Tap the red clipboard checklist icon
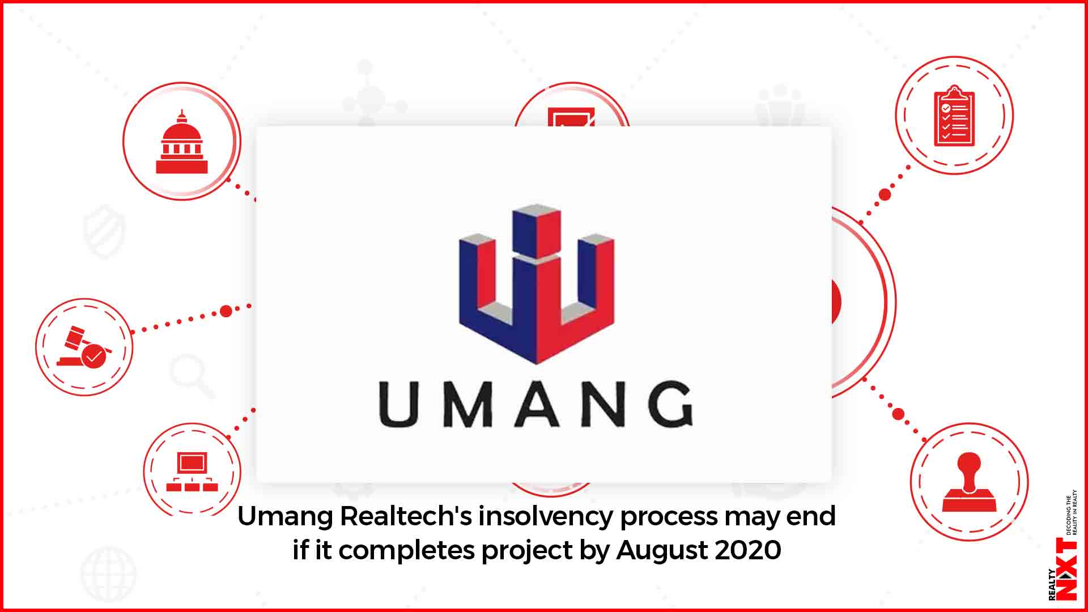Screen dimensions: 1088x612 pyautogui.click(x=954, y=116)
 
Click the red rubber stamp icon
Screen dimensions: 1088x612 pyautogui.click(x=969, y=482)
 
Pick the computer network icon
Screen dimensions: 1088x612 pyautogui.click(x=192, y=471)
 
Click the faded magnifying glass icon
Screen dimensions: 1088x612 pyautogui.click(x=192, y=375)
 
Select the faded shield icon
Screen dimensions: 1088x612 pyautogui.click(x=105, y=231)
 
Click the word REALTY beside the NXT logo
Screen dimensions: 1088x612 pyautogui.click(x=1052, y=584)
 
